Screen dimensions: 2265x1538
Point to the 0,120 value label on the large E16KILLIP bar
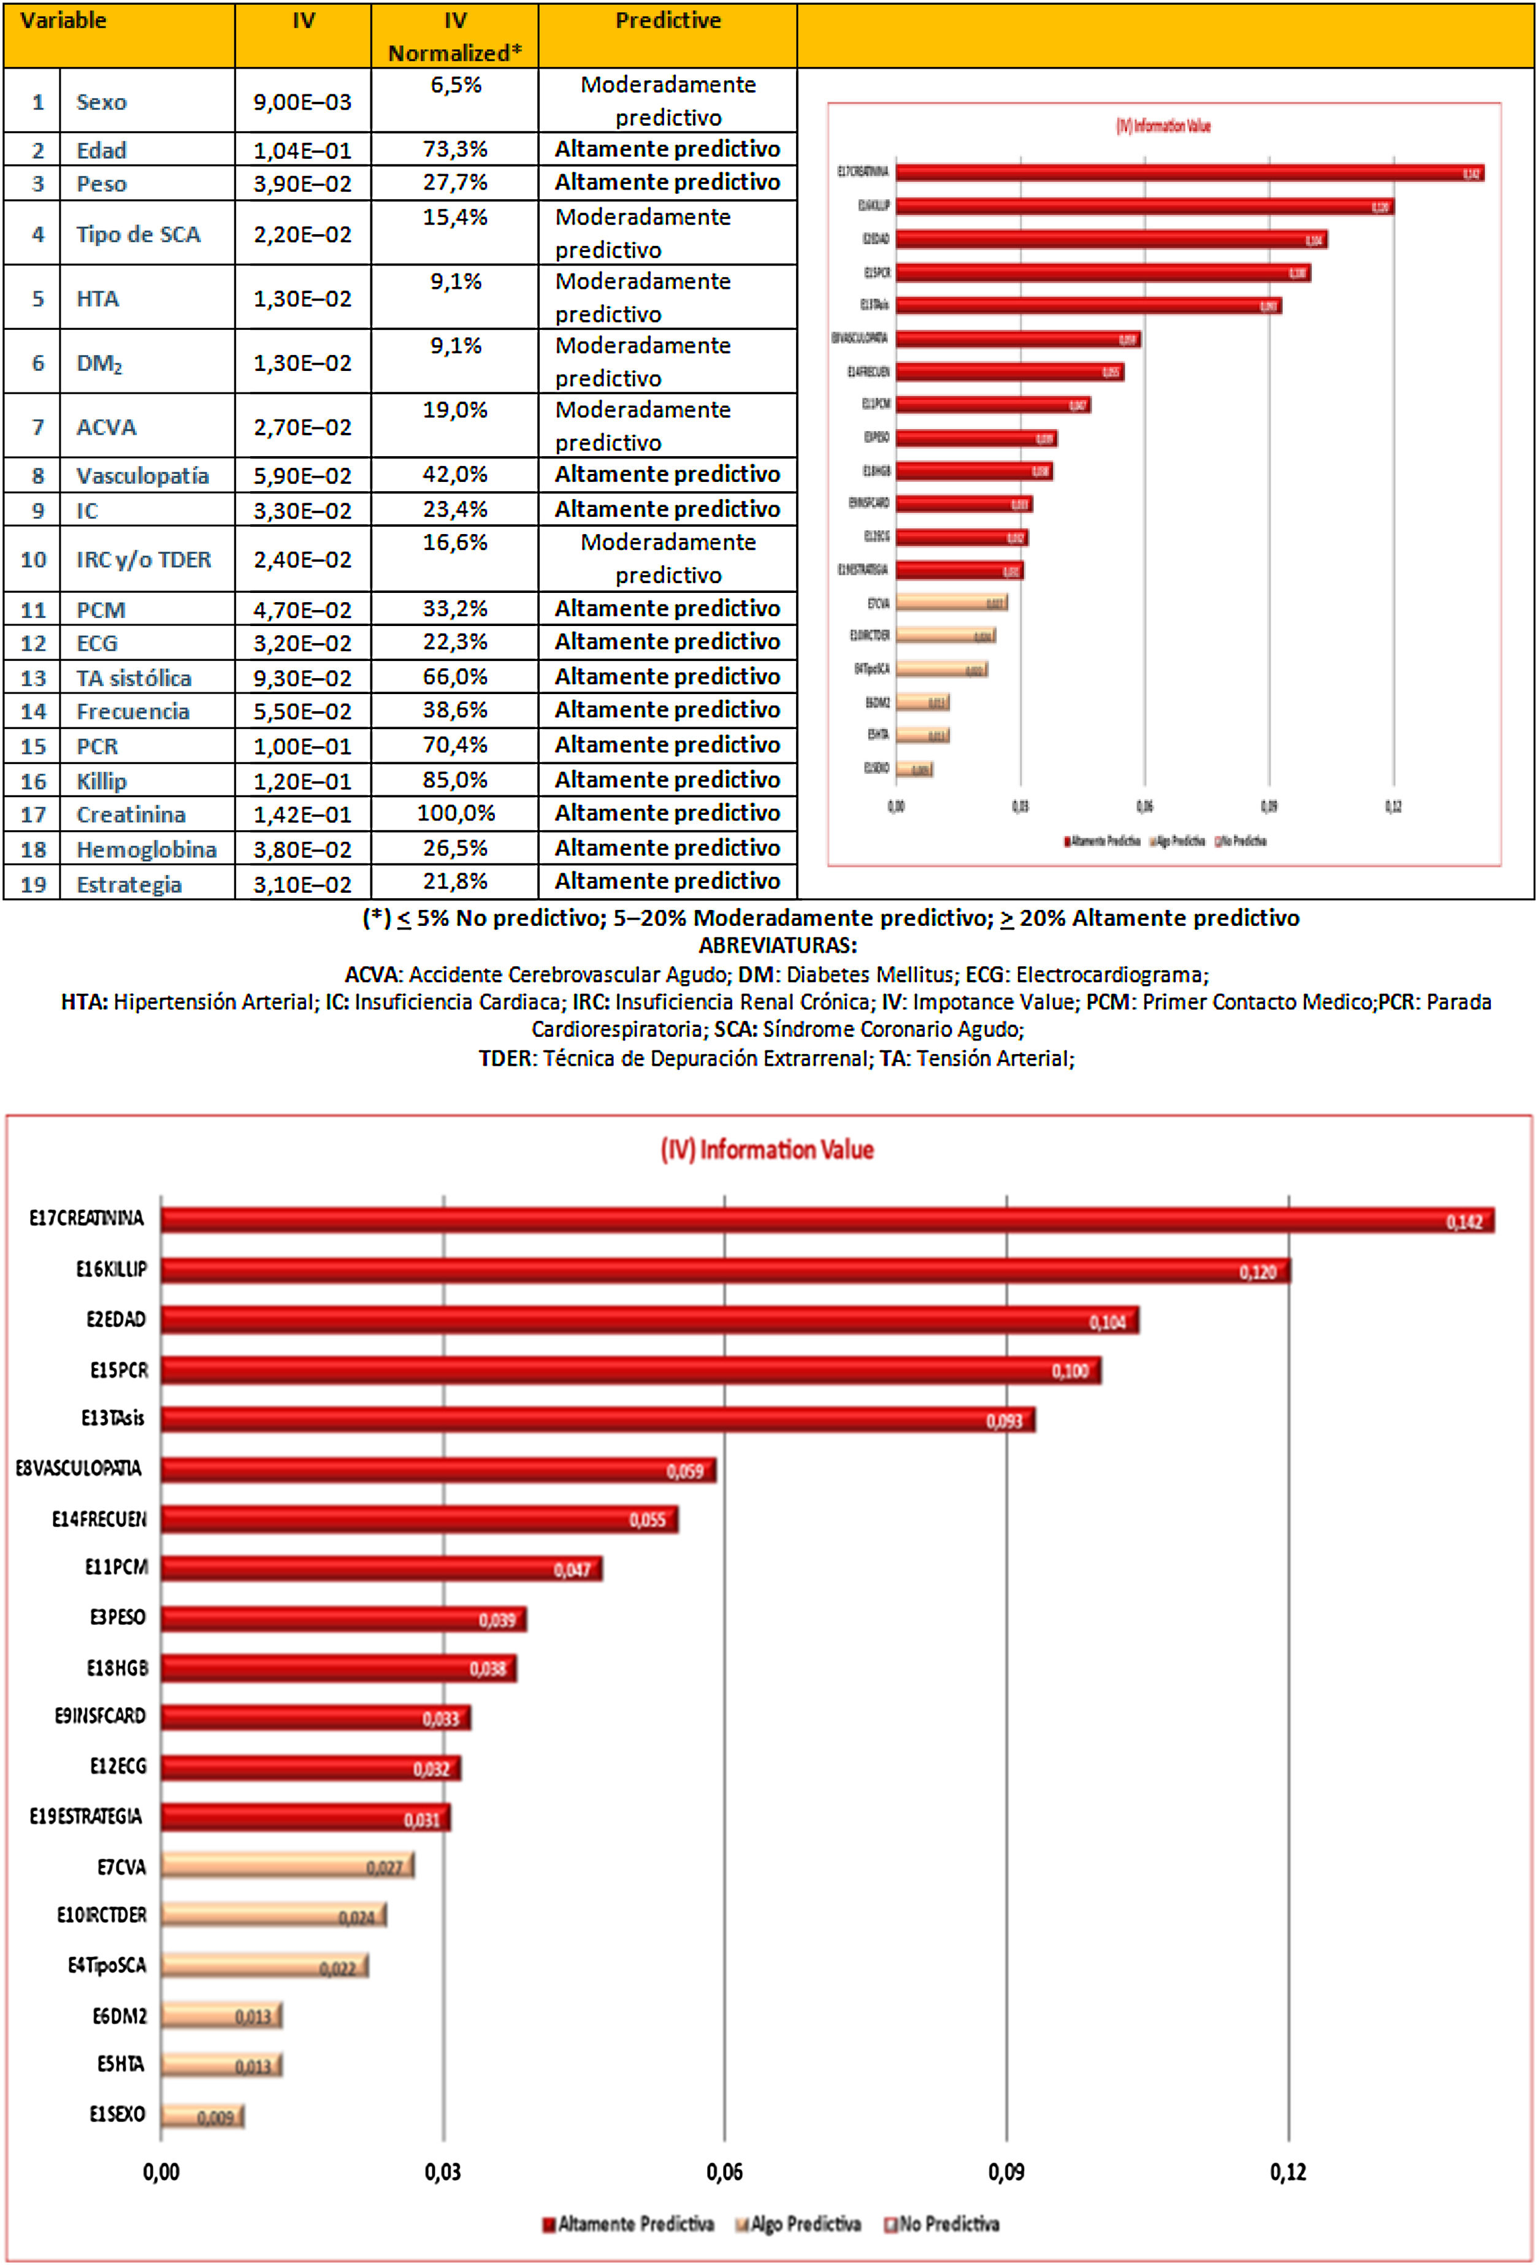pyautogui.click(x=1257, y=1272)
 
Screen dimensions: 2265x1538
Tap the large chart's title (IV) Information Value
pyautogui.click(x=767, y=1150)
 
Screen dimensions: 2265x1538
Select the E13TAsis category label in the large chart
pyautogui.click(x=113, y=1418)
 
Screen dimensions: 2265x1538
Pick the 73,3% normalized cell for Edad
pyautogui.click(x=454, y=149)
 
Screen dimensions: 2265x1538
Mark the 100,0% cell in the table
pyautogui.click(x=454, y=813)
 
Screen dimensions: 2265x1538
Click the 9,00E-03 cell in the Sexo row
pyautogui.click(x=302, y=101)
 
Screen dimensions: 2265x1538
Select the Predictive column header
pyautogui.click(x=668, y=20)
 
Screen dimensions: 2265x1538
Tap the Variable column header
pyautogui.click(x=63, y=20)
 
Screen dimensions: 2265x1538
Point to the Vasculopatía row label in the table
pyautogui.click(x=142, y=476)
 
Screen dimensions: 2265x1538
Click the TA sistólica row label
pyautogui.click(x=134, y=678)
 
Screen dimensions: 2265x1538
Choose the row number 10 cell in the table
pyautogui.click(x=33, y=559)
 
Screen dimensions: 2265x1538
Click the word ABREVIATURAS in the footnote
pyautogui.click(x=778, y=945)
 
